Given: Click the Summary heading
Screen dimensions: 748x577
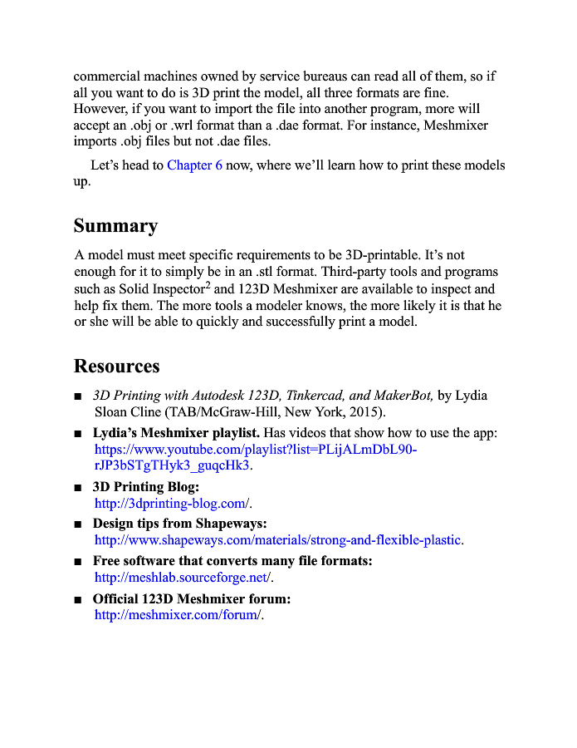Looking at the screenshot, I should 115,226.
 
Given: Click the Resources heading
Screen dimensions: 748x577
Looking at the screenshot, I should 116,367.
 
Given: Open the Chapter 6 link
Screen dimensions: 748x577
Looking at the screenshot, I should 194,165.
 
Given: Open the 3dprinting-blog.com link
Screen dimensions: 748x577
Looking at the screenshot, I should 172,503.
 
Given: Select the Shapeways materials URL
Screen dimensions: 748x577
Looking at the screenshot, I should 278,540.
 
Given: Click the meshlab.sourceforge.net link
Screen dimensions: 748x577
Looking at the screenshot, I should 183,578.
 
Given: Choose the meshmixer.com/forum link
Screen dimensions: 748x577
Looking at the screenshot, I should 178,615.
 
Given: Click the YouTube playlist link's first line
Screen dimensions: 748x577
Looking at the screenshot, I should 256,450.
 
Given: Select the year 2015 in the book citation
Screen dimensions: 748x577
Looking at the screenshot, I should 367,411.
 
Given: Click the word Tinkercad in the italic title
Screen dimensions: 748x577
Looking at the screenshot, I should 318,396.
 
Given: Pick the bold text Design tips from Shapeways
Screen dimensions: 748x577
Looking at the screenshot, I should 179,524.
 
